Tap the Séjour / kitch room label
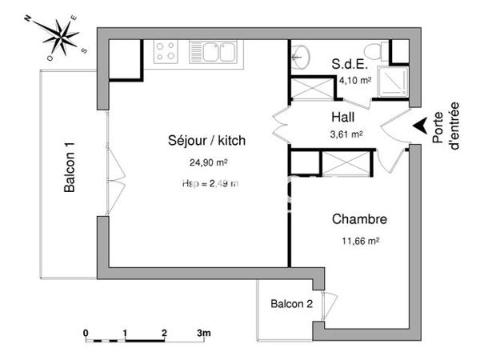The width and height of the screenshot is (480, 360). tap(206, 141)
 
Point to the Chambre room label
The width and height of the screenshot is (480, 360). tap(359, 219)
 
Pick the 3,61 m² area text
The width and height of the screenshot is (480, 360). tap(346, 134)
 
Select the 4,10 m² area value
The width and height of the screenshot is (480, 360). tap(354, 81)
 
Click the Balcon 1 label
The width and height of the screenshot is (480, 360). tap(70, 168)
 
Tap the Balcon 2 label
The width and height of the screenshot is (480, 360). tap(291, 304)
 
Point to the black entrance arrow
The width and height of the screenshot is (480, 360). tap(418, 126)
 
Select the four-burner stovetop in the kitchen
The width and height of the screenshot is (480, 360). tap(166, 52)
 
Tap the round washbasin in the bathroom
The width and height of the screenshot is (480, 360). tap(302, 55)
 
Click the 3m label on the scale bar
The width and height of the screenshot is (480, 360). tap(203, 332)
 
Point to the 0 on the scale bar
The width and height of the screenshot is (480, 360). tap(86, 332)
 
